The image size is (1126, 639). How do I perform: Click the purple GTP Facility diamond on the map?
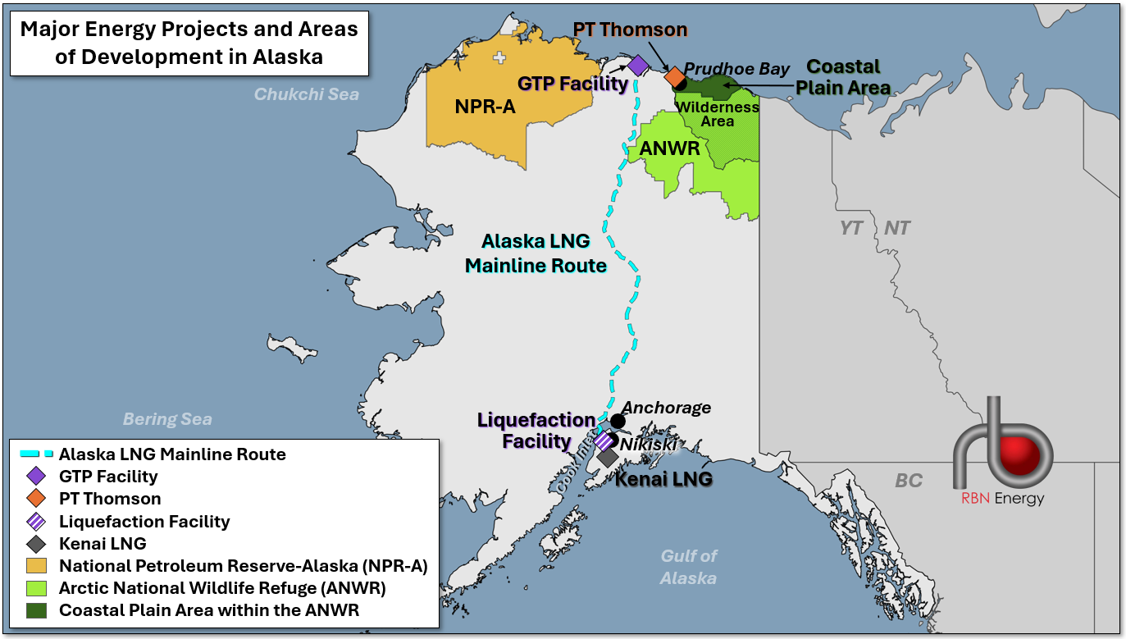pos(638,65)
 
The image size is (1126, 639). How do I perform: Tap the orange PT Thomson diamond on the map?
pos(675,77)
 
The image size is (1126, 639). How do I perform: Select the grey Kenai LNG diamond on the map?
pos(608,457)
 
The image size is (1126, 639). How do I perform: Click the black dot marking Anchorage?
pos(618,421)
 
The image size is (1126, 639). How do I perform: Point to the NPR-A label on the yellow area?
pos(485,107)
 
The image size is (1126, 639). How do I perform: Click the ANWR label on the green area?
pos(669,150)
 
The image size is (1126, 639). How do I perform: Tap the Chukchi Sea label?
pos(306,94)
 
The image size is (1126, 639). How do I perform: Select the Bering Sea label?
pos(167,419)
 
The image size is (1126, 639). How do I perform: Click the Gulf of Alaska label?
pos(688,567)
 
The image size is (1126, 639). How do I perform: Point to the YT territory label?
pos(851,228)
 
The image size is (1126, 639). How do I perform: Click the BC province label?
pos(909,481)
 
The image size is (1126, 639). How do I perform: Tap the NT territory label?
pos(896,228)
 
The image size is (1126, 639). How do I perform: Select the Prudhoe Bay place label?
pos(736,69)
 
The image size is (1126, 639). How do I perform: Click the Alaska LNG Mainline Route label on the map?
pos(536,253)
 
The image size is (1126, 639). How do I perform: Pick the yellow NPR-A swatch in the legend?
pos(36,565)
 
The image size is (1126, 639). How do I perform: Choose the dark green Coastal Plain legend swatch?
pos(36,610)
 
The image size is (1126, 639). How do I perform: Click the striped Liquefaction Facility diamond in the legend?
pos(36,521)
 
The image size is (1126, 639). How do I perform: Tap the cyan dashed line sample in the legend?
pos(36,454)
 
